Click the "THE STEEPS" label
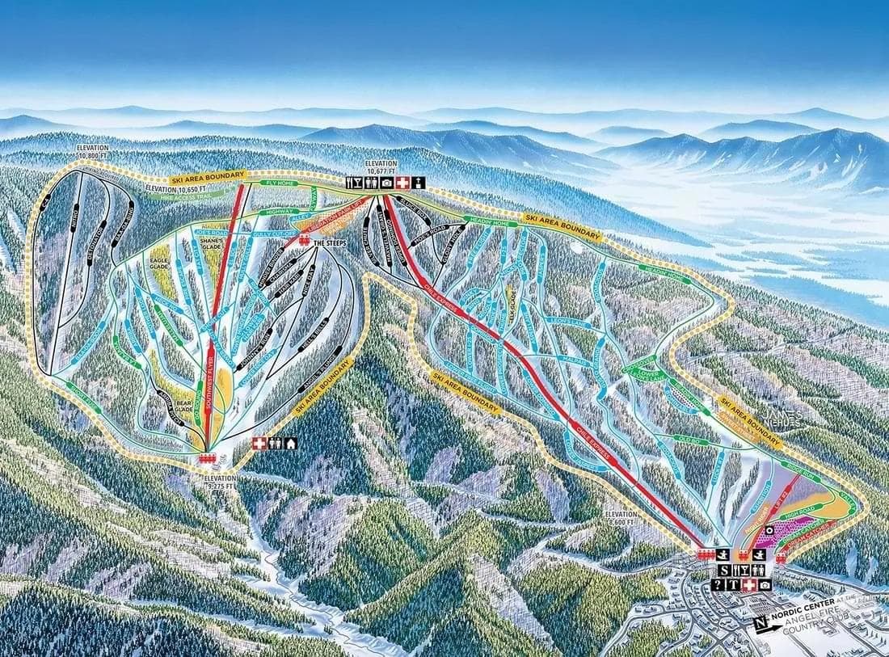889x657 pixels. tap(330, 242)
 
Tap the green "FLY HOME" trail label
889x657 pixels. tap(280, 184)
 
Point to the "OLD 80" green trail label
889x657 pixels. tap(688, 439)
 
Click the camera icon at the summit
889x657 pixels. tap(386, 183)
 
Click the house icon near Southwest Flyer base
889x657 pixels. tap(290, 443)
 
